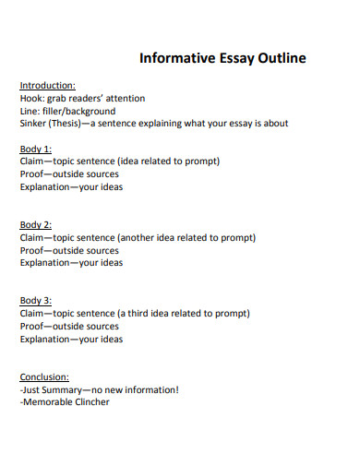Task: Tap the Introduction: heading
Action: [47, 85]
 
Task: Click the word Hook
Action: [30, 98]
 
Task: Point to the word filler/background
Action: [80, 111]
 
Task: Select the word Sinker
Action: [33, 124]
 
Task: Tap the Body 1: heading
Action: [35, 149]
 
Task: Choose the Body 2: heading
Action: [35, 224]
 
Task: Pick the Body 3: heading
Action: [35, 301]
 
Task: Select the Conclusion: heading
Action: [44, 377]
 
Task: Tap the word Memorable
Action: [49, 402]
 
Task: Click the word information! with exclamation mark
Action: [148, 389]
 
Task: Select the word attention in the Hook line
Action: [124, 98]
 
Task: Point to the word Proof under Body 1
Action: [32, 174]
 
